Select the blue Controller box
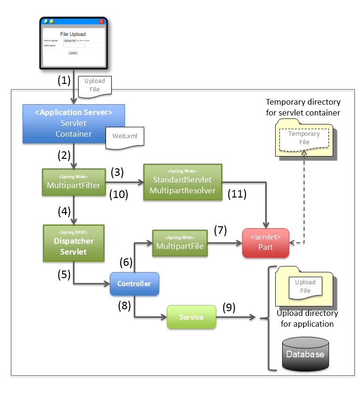(134, 284)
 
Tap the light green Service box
(191, 317)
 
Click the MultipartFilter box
(74, 181)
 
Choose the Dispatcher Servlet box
(74, 243)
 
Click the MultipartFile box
(179, 243)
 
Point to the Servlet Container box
(74, 124)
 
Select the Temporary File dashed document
(304, 138)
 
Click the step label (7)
(220, 231)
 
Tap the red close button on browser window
(101, 21)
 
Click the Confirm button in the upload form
(73, 53)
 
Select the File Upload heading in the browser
(73, 34)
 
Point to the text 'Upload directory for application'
(307, 319)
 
